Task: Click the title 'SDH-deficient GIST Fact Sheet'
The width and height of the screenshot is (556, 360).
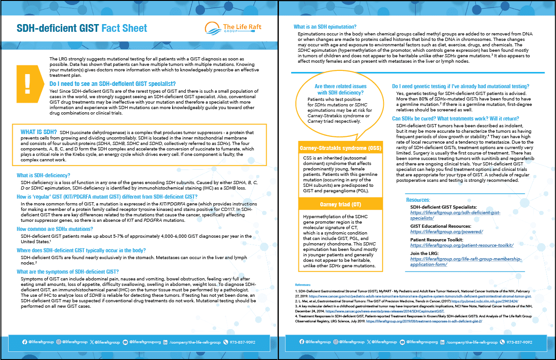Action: (x=82, y=28)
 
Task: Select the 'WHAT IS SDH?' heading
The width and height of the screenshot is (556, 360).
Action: (x=39, y=132)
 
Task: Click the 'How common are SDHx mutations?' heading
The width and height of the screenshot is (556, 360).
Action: (x=55, y=229)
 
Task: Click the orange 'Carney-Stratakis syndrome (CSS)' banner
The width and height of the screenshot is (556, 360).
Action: (x=340, y=148)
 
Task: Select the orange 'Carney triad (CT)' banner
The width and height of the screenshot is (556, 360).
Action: (x=340, y=204)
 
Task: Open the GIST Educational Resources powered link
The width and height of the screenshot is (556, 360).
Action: (x=440, y=232)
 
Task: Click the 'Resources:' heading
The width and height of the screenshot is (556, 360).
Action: (x=418, y=200)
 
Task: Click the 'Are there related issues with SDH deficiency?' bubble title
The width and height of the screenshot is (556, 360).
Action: (x=340, y=90)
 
